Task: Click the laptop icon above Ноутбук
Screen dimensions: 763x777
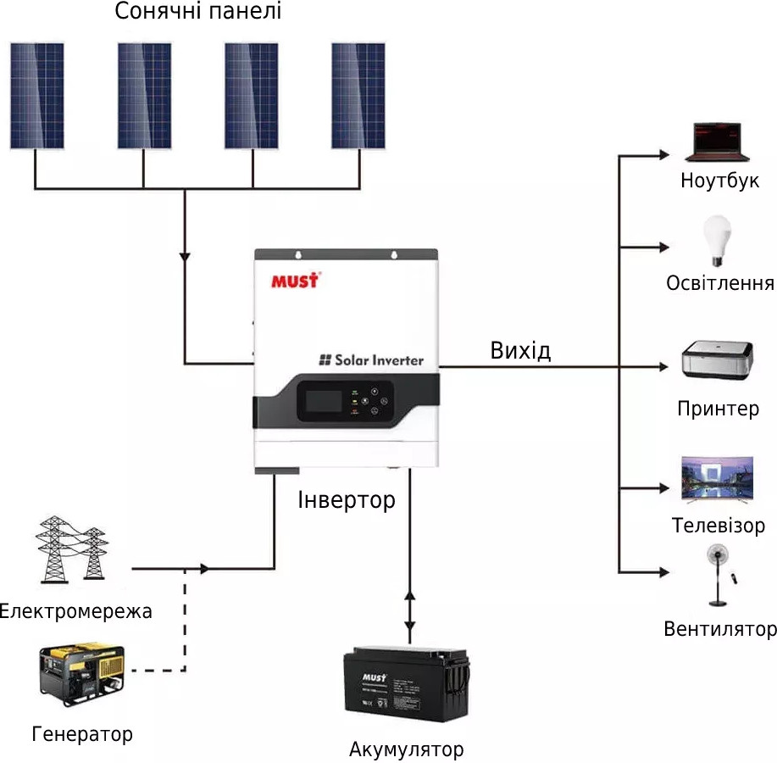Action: coord(717,142)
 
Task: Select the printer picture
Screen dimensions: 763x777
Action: coord(718,361)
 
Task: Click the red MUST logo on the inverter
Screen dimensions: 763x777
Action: coord(294,279)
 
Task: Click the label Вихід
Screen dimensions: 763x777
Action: coord(520,350)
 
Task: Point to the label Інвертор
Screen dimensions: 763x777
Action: coord(347,500)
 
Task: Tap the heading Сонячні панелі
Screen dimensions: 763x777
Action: coord(197,12)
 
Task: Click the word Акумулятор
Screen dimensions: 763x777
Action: coord(406,749)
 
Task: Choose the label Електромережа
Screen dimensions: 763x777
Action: coord(76,611)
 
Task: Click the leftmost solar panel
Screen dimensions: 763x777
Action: coord(37,95)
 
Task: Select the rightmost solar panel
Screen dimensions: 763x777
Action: coord(358,95)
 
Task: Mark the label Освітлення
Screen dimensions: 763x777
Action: coord(720,283)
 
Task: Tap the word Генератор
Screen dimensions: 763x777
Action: coord(82,733)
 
